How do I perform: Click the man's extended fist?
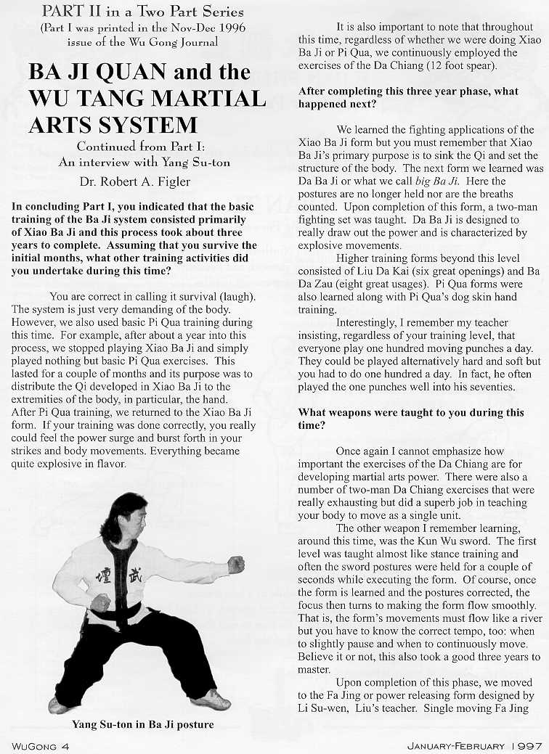pos(236,565)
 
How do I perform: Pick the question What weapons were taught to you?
pos(410,412)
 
